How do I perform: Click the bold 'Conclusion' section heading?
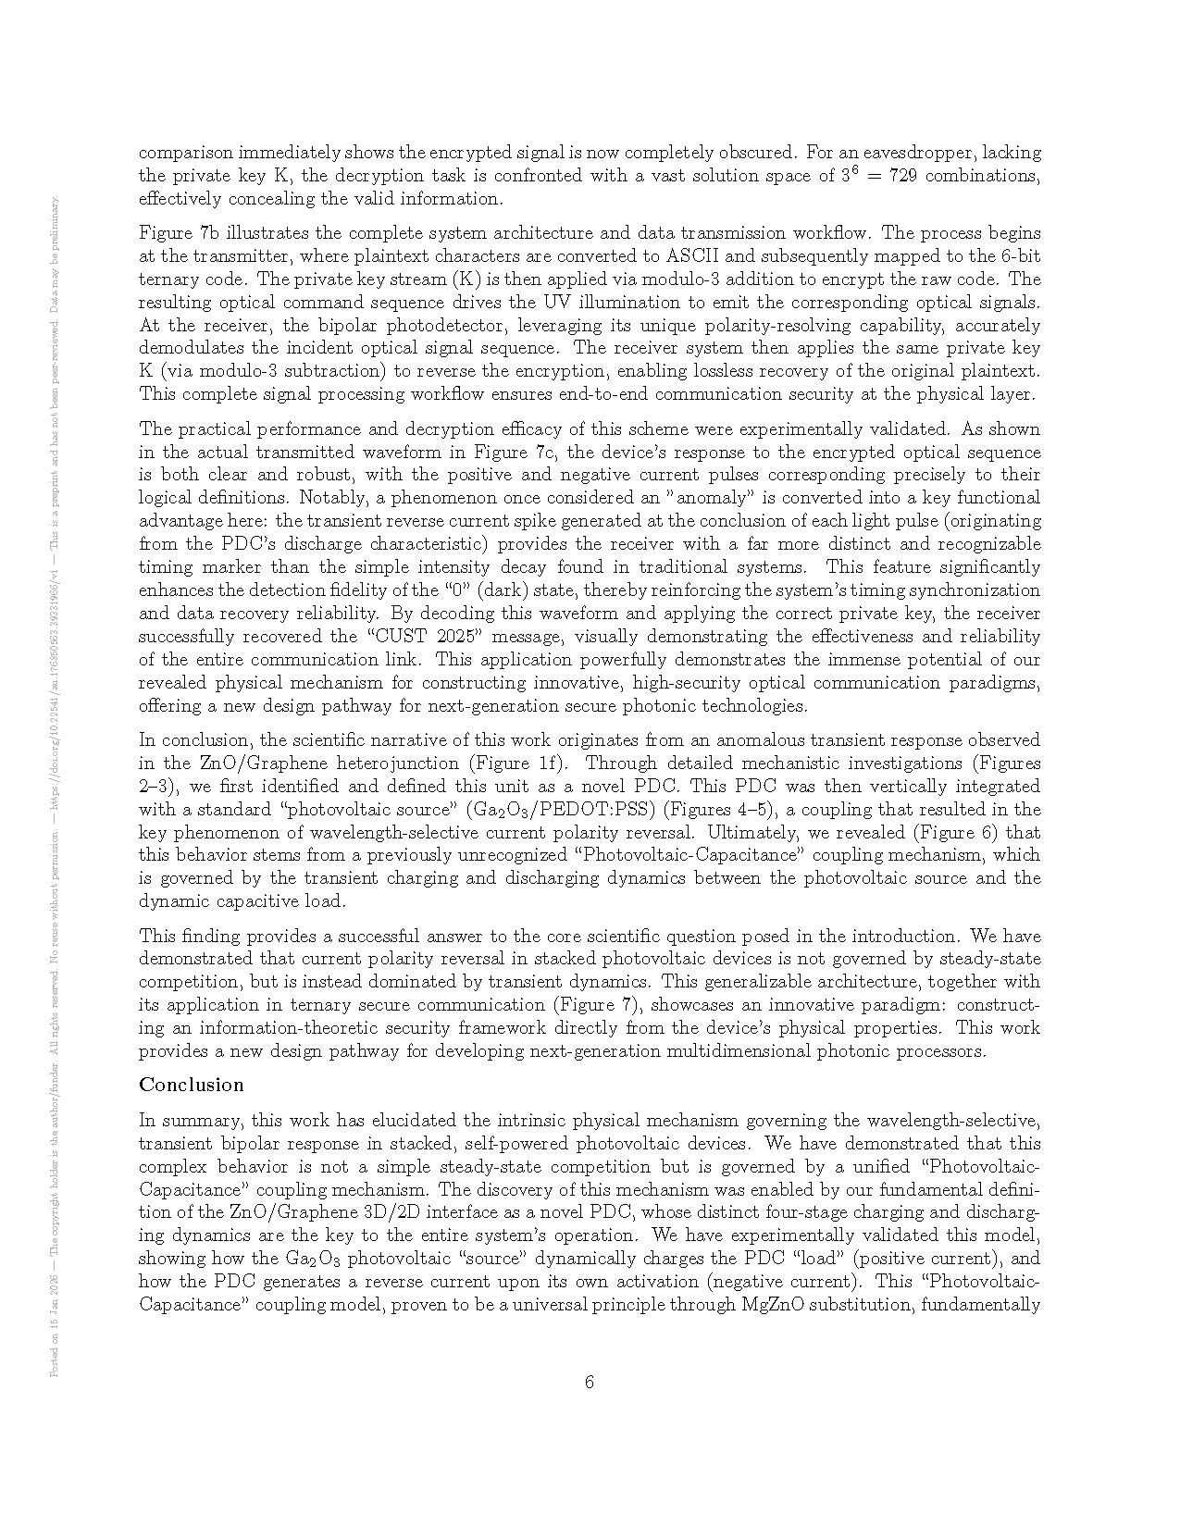[192, 1085]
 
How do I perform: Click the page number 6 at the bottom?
[590, 1383]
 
